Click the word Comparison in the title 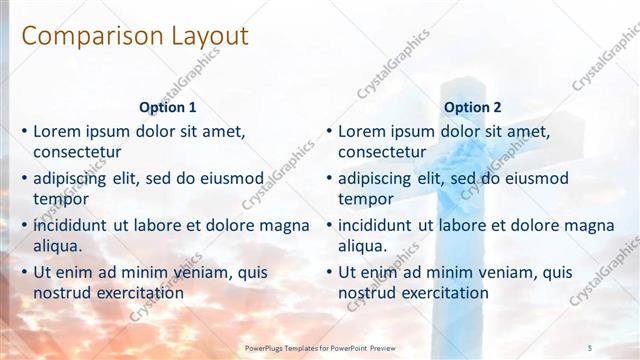[x=79, y=37]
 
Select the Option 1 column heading [x=168, y=107]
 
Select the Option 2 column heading [x=473, y=107]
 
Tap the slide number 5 [x=590, y=346]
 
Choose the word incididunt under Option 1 [x=71, y=226]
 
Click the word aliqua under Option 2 [x=363, y=246]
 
